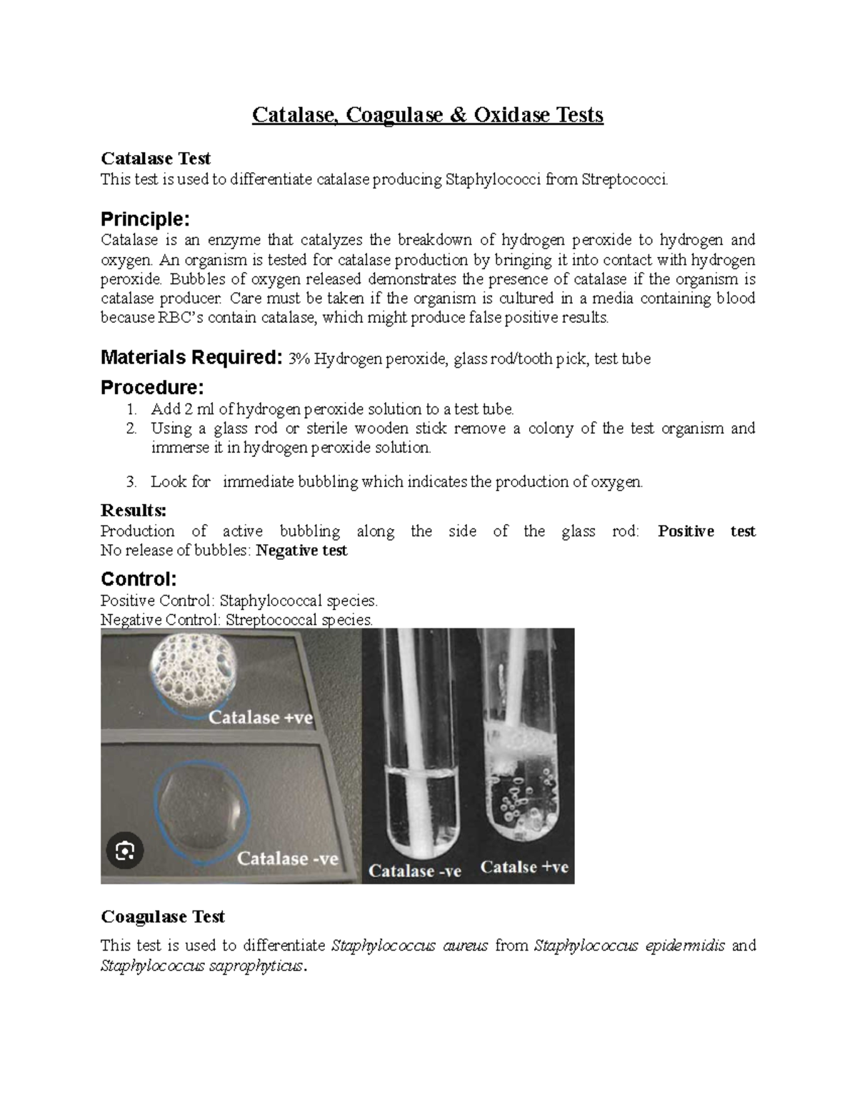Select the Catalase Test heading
tap(156, 158)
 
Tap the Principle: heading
tap(145, 218)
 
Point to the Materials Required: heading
tap(191, 357)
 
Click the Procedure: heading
tap(152, 387)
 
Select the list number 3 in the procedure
tap(131, 482)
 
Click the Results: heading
tap(134, 511)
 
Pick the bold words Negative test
tap(301, 551)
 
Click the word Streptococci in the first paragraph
tap(625, 179)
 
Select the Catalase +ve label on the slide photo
tap(261, 717)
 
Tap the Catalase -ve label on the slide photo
tap(287, 858)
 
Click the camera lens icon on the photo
tap(124, 850)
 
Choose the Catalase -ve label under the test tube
tap(414, 871)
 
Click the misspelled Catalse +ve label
tap(524, 867)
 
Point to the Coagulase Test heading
tap(163, 916)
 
